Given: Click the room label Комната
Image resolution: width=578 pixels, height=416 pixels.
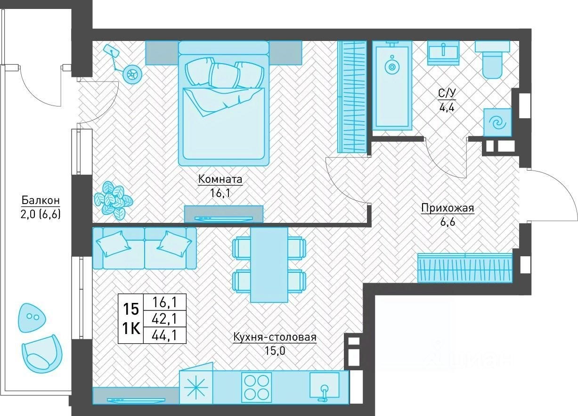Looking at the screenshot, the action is [220, 179].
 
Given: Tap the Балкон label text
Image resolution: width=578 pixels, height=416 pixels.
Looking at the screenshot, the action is [41, 200].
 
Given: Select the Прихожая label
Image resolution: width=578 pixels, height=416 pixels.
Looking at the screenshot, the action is [448, 208].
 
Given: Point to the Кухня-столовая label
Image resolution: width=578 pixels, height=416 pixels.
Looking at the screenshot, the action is [275, 337].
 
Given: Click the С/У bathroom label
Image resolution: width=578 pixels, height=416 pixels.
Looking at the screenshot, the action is [447, 93].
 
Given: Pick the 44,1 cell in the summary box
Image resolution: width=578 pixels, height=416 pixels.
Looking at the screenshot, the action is [164, 335].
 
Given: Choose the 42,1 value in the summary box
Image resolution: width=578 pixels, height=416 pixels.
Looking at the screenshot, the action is [164, 319].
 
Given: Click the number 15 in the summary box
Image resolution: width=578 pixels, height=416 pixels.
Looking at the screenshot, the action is [131, 309].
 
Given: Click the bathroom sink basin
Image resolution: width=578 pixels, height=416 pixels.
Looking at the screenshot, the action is [444, 53].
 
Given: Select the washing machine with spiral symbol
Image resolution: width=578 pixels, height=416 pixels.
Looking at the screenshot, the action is [497, 122].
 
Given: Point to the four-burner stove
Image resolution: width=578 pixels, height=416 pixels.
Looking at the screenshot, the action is [256, 387].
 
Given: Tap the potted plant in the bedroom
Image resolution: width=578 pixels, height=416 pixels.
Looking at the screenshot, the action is [113, 200].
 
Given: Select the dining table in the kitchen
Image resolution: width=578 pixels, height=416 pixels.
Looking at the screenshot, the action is [269, 264].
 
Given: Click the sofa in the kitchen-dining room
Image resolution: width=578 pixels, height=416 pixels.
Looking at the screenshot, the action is [145, 248].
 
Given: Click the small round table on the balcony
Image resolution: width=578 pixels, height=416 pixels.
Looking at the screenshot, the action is [32, 318].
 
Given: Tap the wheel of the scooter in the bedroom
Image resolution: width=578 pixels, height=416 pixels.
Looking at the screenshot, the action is [132, 74].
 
